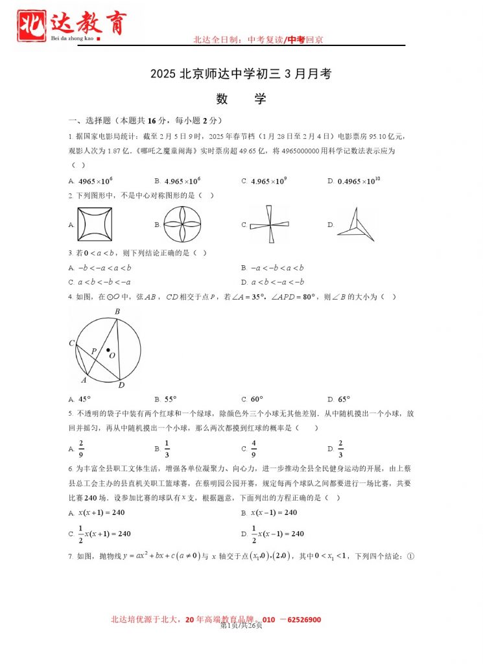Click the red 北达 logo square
32,25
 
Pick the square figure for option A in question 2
95,224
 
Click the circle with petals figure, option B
182,224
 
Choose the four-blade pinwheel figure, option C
269,224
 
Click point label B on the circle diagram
117,312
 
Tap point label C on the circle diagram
72,342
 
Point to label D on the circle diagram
121,385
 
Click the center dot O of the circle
108,350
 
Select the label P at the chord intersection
93,350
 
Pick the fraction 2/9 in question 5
81,448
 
